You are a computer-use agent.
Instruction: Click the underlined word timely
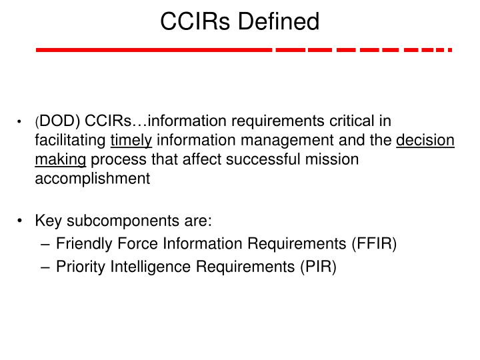click(x=131, y=141)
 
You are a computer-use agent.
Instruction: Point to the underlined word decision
click(x=425, y=141)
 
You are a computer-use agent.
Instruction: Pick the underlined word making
click(x=61, y=159)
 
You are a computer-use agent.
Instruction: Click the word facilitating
click(x=71, y=141)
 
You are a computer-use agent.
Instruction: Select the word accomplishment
click(x=93, y=178)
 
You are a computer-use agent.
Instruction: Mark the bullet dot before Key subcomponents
click(x=23, y=221)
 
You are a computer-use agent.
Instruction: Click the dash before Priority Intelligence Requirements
click(x=45, y=267)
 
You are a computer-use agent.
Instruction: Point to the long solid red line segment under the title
click(x=153, y=50)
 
